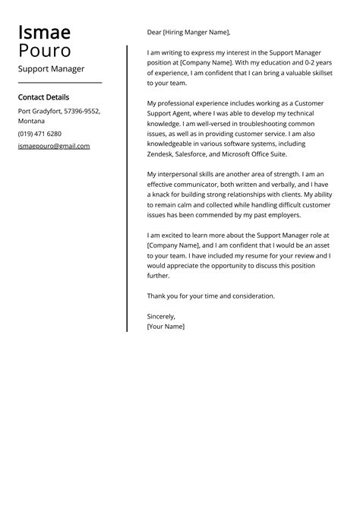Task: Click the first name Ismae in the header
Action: tap(44, 33)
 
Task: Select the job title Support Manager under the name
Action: tap(51, 69)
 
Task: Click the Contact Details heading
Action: tap(43, 97)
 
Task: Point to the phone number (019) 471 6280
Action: tap(39, 134)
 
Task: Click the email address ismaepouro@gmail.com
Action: tap(53, 146)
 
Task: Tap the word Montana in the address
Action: tap(32, 122)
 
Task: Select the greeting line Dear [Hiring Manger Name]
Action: tap(188, 33)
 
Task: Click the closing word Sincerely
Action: tap(161, 316)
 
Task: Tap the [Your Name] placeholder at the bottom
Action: tap(166, 326)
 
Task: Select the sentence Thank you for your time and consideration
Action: tap(210, 296)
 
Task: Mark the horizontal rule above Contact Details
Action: tap(59, 82)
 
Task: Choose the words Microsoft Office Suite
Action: tap(275, 153)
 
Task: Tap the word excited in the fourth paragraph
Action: tap(178, 236)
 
